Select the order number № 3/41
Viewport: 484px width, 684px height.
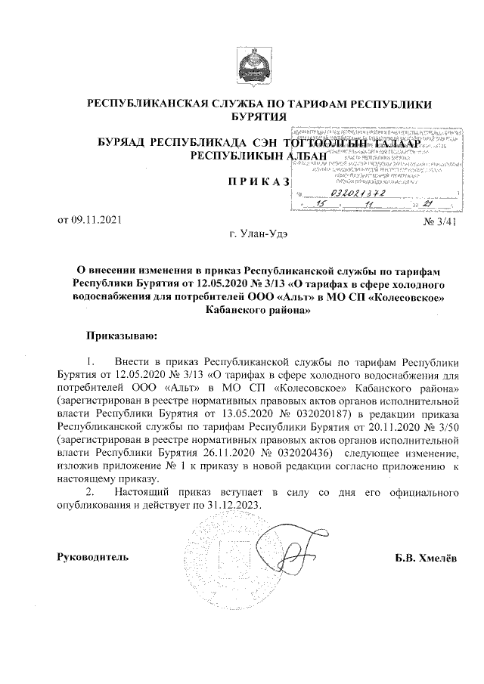442,221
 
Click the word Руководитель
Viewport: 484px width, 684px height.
93,558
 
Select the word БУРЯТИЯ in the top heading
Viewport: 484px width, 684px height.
259,116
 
